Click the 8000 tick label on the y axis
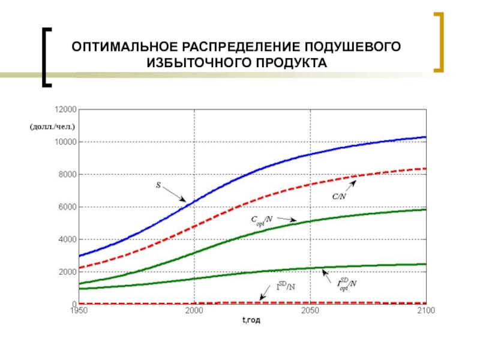point(66,175)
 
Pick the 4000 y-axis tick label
point(66,239)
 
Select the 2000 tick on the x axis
point(194,311)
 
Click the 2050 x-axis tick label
point(310,311)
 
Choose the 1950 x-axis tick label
point(79,311)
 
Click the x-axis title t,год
point(251,320)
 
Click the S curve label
point(158,186)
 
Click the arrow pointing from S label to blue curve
point(175,194)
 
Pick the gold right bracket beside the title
point(439,42)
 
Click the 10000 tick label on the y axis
point(64,142)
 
